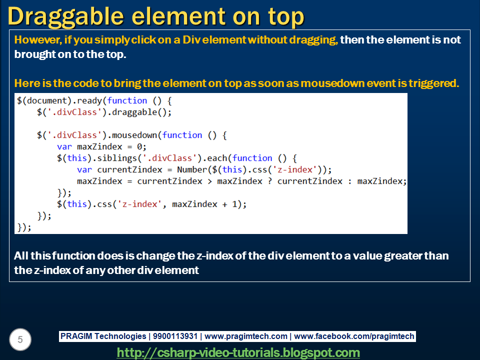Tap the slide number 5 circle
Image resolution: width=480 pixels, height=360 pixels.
pyautogui.click(x=20, y=340)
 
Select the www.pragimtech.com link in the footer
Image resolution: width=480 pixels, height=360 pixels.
pyautogui.click(x=246, y=336)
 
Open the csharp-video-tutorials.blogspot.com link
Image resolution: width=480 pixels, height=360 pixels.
pyautogui.click(x=238, y=352)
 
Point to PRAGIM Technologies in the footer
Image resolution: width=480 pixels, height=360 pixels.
pyautogui.click(x=103, y=336)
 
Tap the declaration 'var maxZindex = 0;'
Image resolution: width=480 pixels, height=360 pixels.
pyautogui.click(x=101, y=146)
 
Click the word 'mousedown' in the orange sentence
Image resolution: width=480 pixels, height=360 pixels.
pyautogui.click(x=344, y=83)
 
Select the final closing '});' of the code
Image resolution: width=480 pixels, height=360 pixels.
pyautogui.click(x=24, y=227)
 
